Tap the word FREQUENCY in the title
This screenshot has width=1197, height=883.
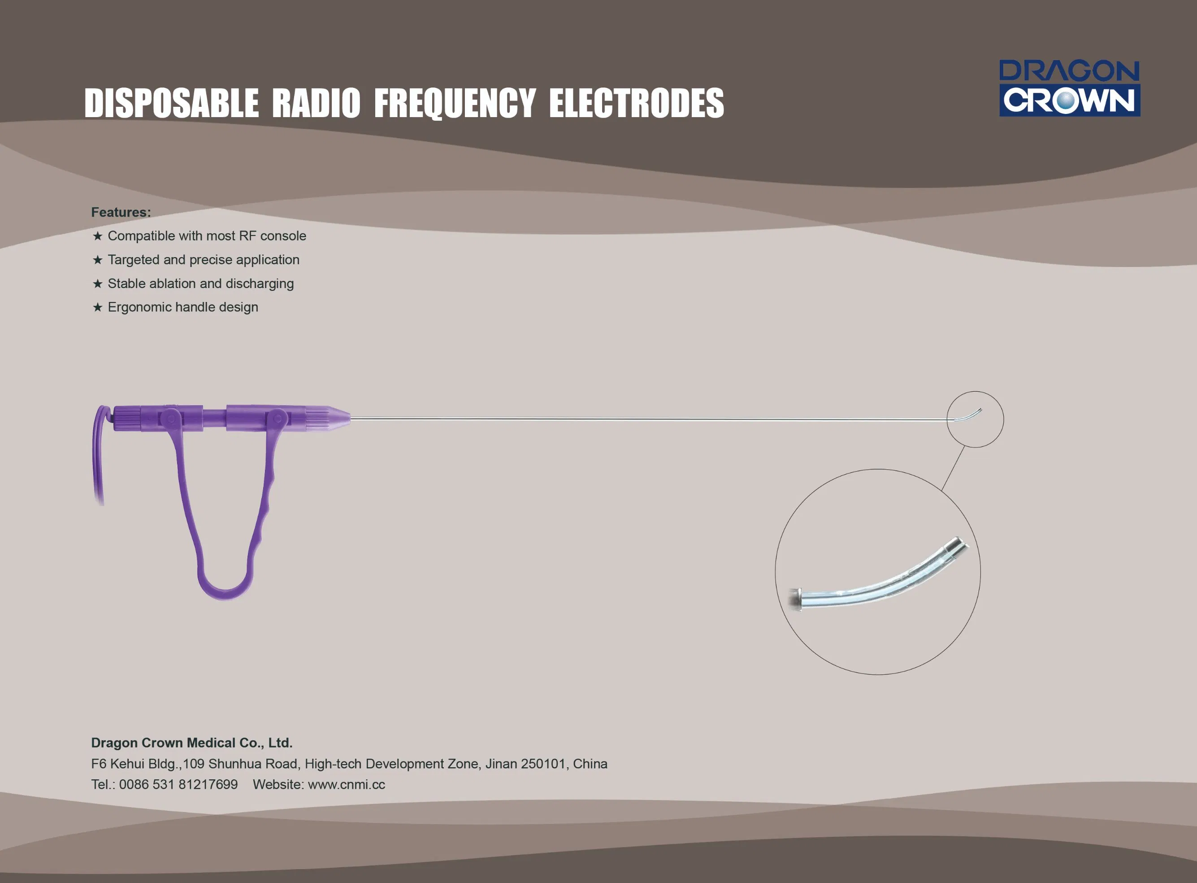pos(455,103)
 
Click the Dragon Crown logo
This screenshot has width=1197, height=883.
pos(1070,88)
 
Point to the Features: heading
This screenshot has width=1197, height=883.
pos(121,212)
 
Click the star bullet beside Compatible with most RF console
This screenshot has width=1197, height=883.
pos(97,236)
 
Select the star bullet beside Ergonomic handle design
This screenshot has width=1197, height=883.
pos(97,307)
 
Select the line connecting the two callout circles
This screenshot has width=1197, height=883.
pos(953,469)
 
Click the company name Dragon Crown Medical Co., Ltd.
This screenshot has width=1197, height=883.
pos(192,743)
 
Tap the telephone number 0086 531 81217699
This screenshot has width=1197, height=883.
pos(178,784)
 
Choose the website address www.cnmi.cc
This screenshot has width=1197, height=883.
pos(347,784)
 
